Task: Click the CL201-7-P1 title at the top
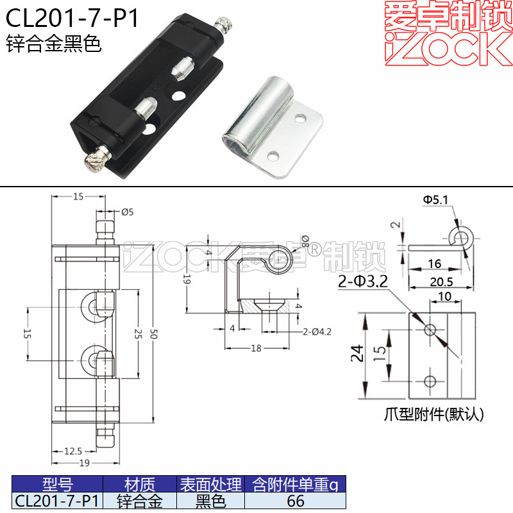click(72, 18)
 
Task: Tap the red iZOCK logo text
click(448, 49)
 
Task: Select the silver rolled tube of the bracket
click(258, 116)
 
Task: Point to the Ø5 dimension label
click(127, 212)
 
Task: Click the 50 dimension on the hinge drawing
click(154, 334)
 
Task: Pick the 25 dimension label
click(139, 334)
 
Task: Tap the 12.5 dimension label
click(73, 451)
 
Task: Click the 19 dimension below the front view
click(84, 463)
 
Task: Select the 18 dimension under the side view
click(256, 348)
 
